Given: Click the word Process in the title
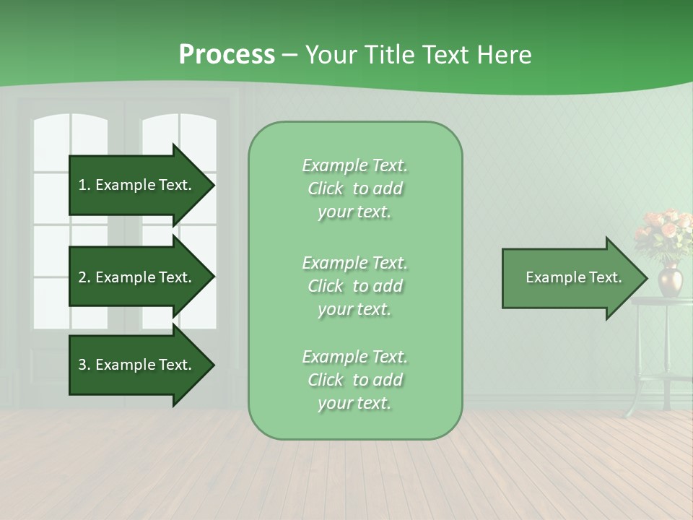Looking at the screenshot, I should click(x=227, y=55).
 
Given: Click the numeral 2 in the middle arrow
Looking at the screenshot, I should click(x=82, y=277).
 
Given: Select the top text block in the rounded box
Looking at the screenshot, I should click(x=354, y=188).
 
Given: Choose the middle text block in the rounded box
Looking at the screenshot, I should click(x=354, y=286).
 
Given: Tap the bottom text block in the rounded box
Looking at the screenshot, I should click(x=354, y=380).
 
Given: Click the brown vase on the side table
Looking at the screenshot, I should click(x=669, y=279).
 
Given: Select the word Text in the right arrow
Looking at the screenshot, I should click(x=605, y=277).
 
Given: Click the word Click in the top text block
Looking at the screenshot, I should click(x=326, y=188).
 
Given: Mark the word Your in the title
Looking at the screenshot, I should click(x=328, y=55).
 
